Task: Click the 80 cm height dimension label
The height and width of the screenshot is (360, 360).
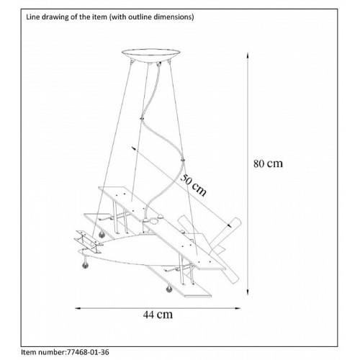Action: click(268, 163)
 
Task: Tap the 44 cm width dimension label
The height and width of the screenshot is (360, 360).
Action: click(158, 315)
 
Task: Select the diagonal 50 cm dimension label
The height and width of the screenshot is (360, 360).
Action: click(193, 185)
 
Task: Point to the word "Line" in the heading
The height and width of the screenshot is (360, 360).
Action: click(31, 17)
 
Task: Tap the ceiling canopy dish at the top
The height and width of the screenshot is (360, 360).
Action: click(150, 55)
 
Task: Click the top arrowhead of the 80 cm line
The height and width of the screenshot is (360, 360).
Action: click(248, 55)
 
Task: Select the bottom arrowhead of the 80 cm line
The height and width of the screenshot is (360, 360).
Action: click(248, 292)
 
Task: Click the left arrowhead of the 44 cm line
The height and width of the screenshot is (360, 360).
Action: click(78, 308)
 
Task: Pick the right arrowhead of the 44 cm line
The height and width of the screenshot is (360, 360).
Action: click(238, 308)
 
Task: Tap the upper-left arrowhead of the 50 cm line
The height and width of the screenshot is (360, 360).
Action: click(133, 148)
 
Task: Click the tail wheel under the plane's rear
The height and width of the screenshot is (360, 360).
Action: click(85, 265)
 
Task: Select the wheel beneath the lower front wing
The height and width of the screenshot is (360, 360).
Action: click(169, 289)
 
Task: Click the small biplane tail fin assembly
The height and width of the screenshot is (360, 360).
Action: click(89, 241)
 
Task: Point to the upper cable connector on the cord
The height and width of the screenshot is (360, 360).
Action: click(142, 118)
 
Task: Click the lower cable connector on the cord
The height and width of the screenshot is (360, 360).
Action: click(183, 160)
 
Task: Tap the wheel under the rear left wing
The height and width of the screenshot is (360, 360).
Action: click(102, 234)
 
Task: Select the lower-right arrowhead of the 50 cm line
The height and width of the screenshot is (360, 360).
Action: click(229, 225)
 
